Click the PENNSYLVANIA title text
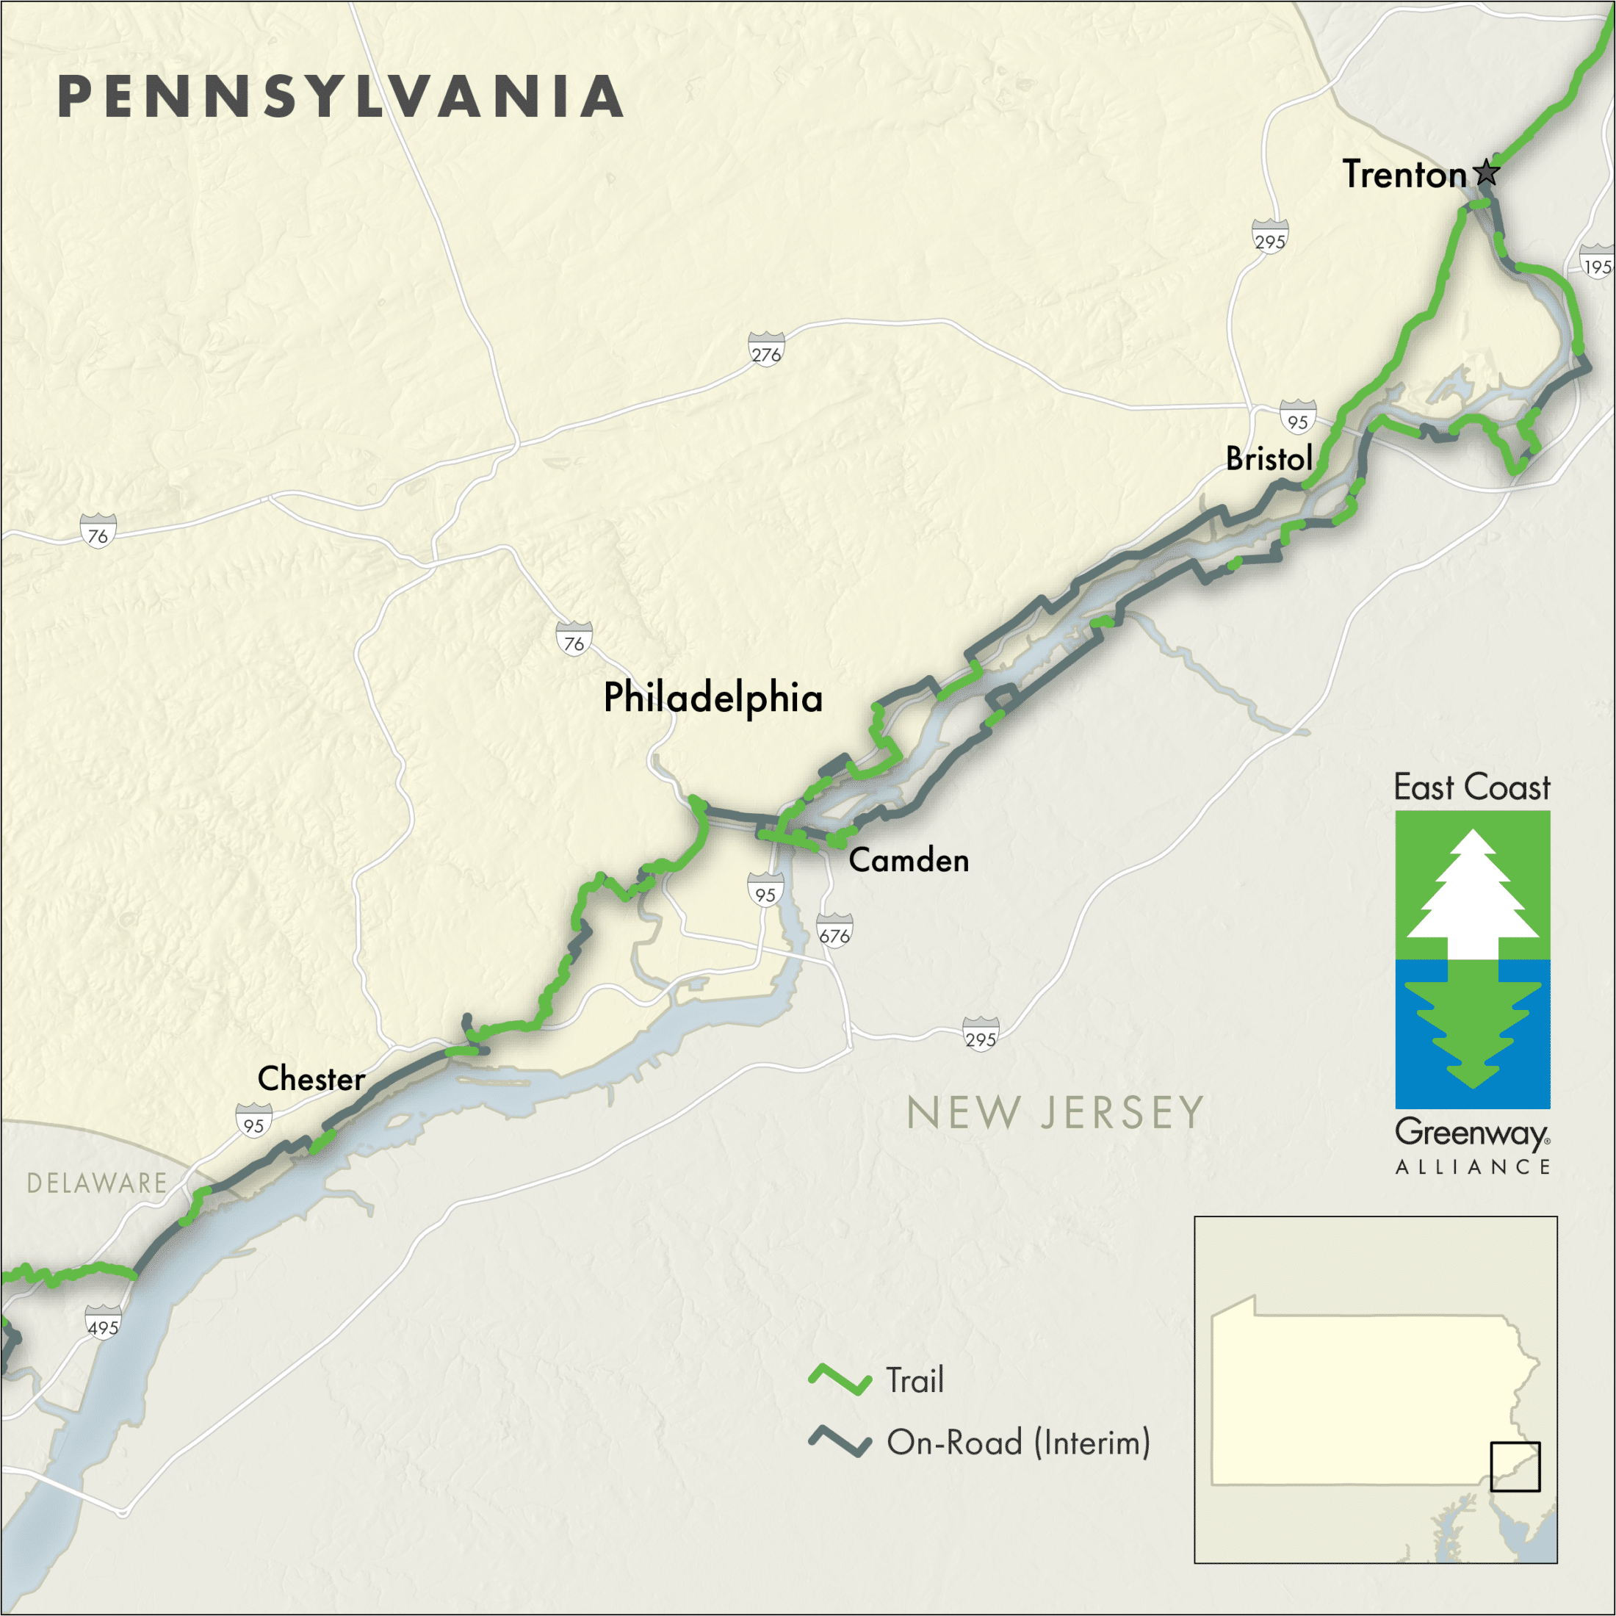340,96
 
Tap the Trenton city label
1404,175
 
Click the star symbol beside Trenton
1486,173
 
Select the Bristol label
1268,458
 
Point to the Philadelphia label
713,698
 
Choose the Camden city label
909,860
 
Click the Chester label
311,1078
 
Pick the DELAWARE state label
97,1183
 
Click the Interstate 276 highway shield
765,350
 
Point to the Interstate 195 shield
1596,263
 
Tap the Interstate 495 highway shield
103,1323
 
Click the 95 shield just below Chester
253,1122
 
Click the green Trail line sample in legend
839,1379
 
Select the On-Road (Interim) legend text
1018,1442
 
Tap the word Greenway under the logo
1471,1133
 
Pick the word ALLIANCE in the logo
1472,1167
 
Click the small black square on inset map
1515,1466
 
